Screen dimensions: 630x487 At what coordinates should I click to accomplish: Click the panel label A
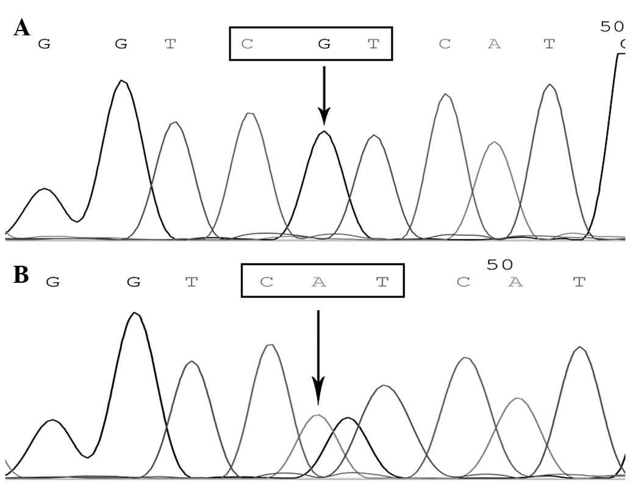click(22, 27)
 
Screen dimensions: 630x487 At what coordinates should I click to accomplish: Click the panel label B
click(21, 275)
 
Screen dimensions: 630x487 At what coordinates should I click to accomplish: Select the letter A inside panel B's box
click(317, 282)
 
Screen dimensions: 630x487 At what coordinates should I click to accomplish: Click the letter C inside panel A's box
click(246, 44)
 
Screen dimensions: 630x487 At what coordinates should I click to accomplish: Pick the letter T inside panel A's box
click(373, 44)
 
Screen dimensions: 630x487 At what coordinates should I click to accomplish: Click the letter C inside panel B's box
click(265, 282)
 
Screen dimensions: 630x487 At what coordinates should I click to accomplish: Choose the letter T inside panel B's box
click(382, 282)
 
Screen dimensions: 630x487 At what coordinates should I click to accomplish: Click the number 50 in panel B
click(500, 264)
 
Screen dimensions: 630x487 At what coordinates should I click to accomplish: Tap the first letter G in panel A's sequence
click(43, 44)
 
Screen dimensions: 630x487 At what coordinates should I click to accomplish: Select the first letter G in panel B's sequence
click(53, 282)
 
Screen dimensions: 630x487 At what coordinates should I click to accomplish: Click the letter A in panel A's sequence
click(494, 44)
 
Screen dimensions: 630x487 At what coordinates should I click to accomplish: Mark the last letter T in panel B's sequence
click(579, 282)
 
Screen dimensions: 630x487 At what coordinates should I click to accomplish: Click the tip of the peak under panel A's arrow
click(324, 132)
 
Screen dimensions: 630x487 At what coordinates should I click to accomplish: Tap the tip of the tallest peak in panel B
click(135, 313)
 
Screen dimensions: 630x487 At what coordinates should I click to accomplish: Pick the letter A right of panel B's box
click(516, 282)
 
